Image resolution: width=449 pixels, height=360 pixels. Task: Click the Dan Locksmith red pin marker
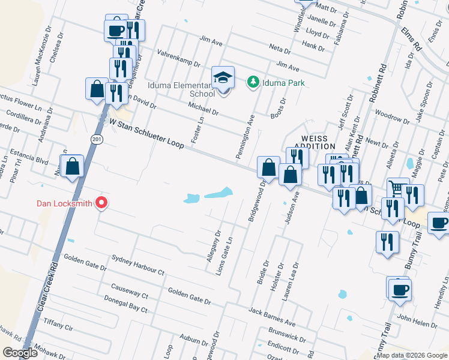pos(101,203)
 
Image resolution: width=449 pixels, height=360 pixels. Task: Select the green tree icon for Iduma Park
pos(253,82)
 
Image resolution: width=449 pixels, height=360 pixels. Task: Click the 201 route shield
pos(96,139)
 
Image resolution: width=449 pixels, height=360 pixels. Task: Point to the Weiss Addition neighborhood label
pos(315,142)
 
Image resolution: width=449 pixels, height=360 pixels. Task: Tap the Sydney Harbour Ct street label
pos(138,265)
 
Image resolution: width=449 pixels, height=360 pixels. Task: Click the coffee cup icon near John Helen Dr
pos(400,289)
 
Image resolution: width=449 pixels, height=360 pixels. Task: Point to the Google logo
pos(20,353)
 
